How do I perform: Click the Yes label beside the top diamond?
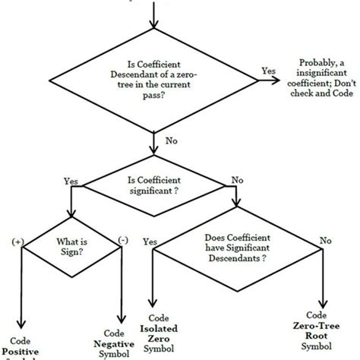[x=268, y=71]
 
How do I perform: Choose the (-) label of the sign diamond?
[x=122, y=241]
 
